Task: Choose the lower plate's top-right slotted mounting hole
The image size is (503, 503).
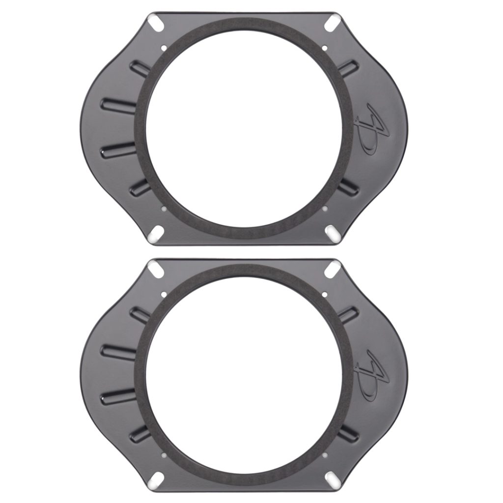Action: click(x=334, y=268)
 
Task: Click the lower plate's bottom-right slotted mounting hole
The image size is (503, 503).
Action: click(x=334, y=479)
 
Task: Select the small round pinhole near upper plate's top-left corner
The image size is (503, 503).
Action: click(x=163, y=48)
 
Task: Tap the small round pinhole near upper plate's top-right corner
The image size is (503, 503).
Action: click(x=325, y=48)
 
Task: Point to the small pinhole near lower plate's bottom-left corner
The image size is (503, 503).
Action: click(x=163, y=454)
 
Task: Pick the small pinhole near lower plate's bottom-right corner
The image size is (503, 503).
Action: click(x=325, y=454)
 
